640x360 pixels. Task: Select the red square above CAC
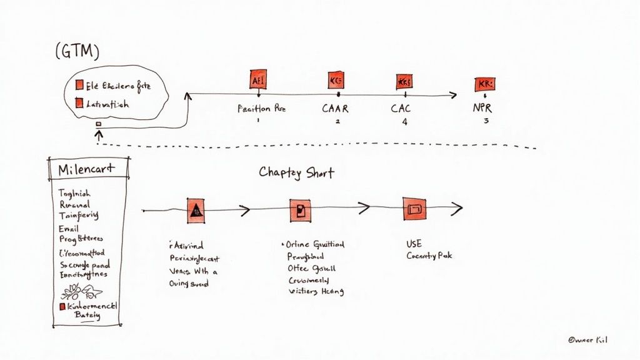(404, 81)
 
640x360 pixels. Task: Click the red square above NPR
(484, 84)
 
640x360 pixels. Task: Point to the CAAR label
(335, 108)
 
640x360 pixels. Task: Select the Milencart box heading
(87, 170)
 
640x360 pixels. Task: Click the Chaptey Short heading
(296, 172)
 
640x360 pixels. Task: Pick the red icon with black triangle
(196, 211)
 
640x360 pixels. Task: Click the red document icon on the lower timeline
(300, 210)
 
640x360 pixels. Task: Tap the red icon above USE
(414, 210)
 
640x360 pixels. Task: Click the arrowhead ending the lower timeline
(458, 208)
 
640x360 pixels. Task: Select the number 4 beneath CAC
(404, 122)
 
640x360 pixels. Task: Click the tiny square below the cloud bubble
(98, 124)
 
